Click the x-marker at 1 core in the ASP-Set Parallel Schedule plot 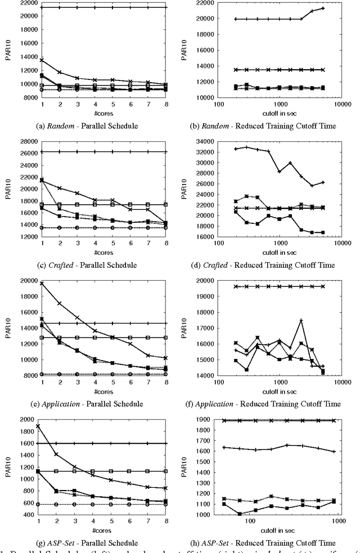(x=40, y=426)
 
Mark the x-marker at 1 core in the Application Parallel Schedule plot (x=40, y=284)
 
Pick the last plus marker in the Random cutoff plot (x=323, y=8)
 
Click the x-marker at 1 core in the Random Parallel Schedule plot (x=40, y=60)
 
